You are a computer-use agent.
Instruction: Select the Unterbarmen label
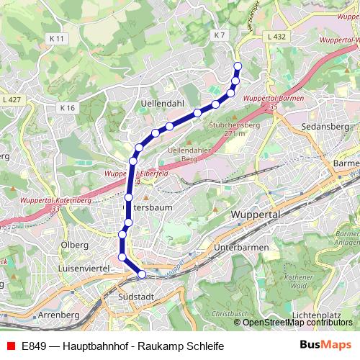(242, 248)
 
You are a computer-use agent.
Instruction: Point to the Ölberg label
(75, 245)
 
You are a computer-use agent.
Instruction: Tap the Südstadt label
(135, 297)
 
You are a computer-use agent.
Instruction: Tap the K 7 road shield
(220, 35)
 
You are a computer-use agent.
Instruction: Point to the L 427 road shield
(13, 99)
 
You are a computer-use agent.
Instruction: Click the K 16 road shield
(68, 108)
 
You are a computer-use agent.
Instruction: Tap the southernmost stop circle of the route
(142, 274)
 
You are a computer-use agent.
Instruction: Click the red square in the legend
(9, 346)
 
